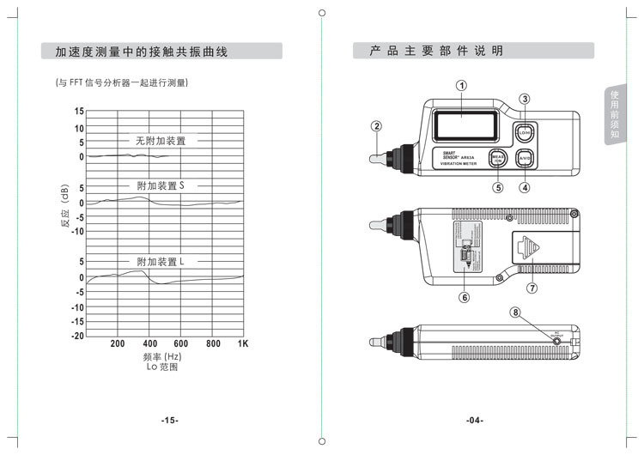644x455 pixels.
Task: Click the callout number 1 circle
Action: pos(461,85)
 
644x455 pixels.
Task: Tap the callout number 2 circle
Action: pos(376,125)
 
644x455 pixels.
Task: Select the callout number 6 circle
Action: pos(465,298)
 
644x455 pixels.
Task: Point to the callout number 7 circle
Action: pos(532,288)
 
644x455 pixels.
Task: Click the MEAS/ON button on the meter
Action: pos(496,158)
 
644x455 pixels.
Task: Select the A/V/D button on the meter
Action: pos(525,158)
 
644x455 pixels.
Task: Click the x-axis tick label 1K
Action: pos(243,343)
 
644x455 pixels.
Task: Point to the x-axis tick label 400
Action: pos(149,343)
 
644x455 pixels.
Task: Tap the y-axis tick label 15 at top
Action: pos(79,112)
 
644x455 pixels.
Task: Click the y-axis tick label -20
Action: pos(77,336)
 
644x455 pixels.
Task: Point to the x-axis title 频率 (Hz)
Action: pos(161,356)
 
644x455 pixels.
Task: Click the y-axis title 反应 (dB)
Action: pos(64,208)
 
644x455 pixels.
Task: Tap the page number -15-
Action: pos(169,420)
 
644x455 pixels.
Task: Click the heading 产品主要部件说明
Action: pos(436,52)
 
